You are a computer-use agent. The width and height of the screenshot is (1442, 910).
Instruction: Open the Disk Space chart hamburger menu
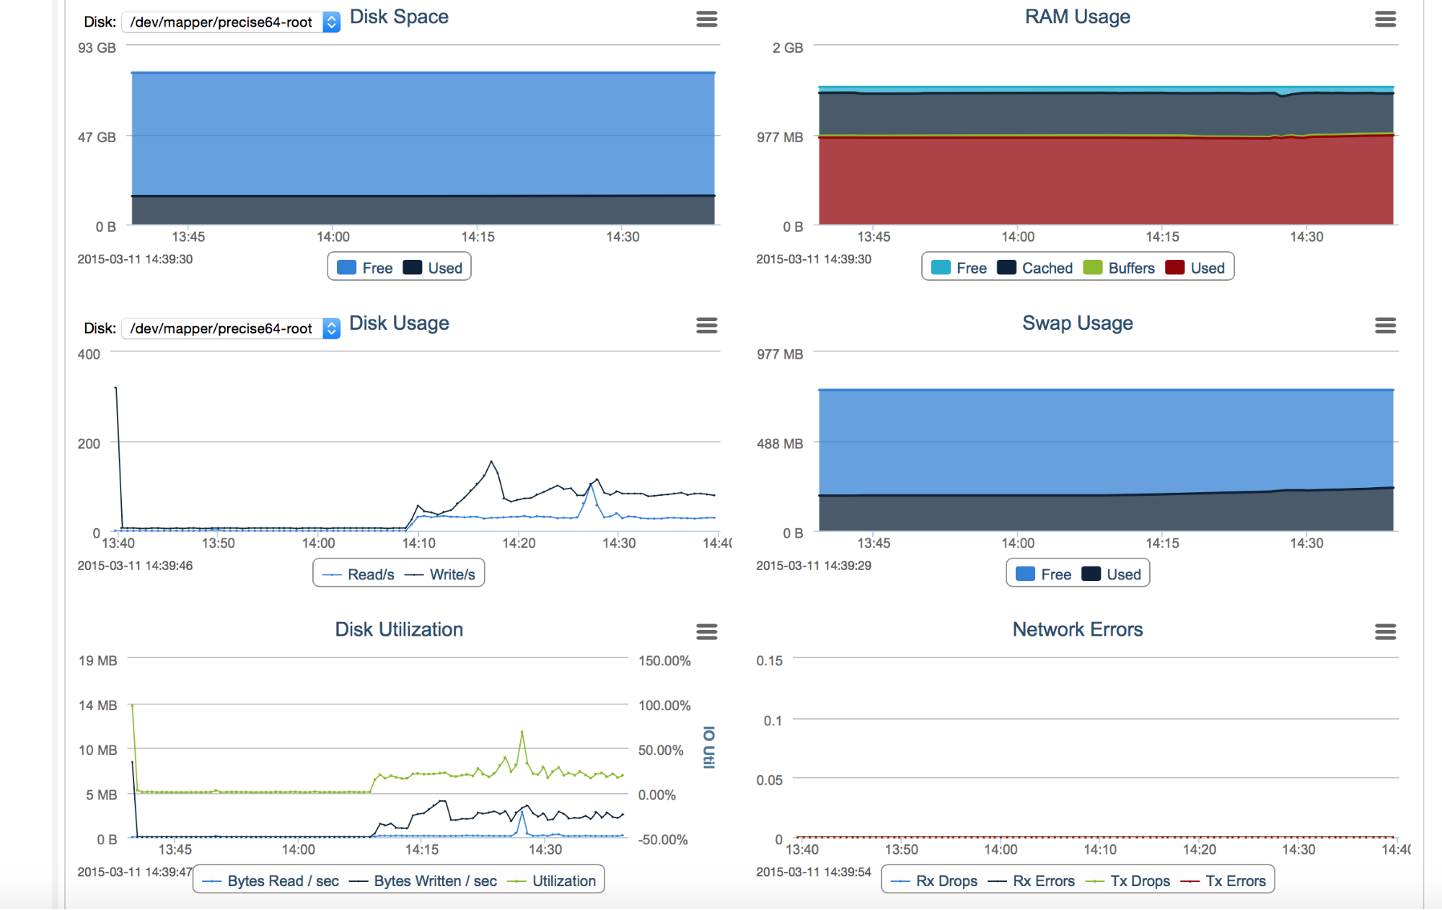[x=706, y=19]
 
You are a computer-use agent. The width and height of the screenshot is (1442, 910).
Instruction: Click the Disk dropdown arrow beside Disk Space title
[x=331, y=22]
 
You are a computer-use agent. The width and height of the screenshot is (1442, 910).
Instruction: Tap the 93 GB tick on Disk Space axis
[x=97, y=48]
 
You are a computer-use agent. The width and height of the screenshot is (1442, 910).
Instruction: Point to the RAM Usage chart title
[x=1077, y=17]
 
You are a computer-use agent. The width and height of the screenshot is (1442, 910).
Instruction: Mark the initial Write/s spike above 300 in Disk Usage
[x=116, y=389]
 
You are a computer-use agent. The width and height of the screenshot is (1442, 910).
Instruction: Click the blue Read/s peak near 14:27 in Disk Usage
[x=592, y=484]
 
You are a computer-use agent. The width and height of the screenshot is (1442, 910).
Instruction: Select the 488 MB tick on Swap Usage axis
[x=779, y=444]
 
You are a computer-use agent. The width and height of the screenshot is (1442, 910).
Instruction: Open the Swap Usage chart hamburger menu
[x=1384, y=325]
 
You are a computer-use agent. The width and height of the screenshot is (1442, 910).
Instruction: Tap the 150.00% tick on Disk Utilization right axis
[x=664, y=661]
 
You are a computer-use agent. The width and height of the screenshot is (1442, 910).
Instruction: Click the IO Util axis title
[x=708, y=748]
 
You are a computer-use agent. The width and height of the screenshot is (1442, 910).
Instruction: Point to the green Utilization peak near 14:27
[x=522, y=732]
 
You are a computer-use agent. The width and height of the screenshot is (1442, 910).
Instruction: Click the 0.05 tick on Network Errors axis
[x=769, y=780]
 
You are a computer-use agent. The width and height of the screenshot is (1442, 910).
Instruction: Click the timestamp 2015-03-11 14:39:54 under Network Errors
[x=813, y=872]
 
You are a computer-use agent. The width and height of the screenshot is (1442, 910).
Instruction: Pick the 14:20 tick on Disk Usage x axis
[x=519, y=543]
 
